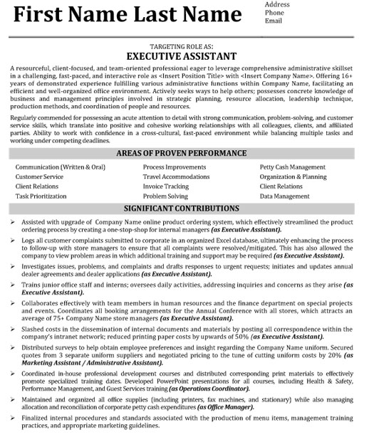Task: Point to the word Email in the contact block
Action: coord(272,21)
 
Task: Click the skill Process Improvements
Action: coord(175,167)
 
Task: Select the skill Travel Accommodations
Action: coord(177,176)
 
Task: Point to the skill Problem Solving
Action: coord(165,195)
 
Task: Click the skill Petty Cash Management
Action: coord(292,167)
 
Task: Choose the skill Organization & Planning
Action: coord(293,176)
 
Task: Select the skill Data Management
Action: coord(284,195)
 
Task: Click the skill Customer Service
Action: coord(39,176)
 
